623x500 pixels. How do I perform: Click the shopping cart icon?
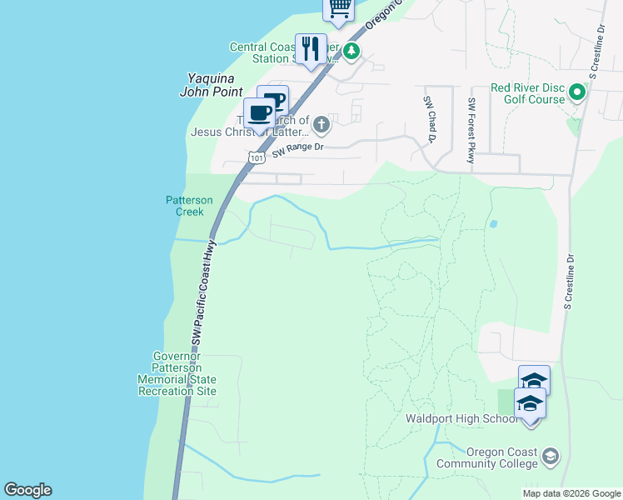[x=339, y=7]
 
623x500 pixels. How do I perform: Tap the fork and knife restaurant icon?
[x=311, y=47]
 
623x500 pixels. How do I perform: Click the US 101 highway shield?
[x=256, y=157]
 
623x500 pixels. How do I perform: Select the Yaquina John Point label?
[x=212, y=85]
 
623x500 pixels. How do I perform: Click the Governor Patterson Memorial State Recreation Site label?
[x=177, y=373]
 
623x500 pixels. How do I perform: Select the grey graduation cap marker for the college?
[x=550, y=456]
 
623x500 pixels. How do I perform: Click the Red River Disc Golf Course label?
[x=528, y=93]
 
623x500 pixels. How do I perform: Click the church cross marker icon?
[x=321, y=125]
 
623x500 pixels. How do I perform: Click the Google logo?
[x=27, y=490]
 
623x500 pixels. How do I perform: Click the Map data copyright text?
[x=571, y=493]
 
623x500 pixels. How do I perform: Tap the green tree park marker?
[x=352, y=52]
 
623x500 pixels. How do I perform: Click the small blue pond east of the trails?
[x=493, y=223]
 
